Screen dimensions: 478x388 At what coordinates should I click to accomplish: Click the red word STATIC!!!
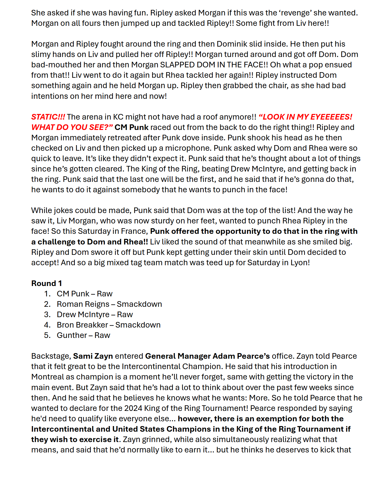48,117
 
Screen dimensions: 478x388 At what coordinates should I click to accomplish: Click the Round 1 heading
47,283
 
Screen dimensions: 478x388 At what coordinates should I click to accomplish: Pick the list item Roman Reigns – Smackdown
109,304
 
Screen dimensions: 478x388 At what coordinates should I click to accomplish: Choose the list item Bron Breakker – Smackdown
108,325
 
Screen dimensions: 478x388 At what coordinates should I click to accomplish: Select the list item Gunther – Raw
83,335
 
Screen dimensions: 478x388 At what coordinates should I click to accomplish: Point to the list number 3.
47,314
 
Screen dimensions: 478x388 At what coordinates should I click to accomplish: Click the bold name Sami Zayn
93,356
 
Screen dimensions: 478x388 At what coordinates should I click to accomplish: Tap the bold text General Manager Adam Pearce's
207,356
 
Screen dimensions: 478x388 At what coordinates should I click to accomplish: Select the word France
134,231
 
